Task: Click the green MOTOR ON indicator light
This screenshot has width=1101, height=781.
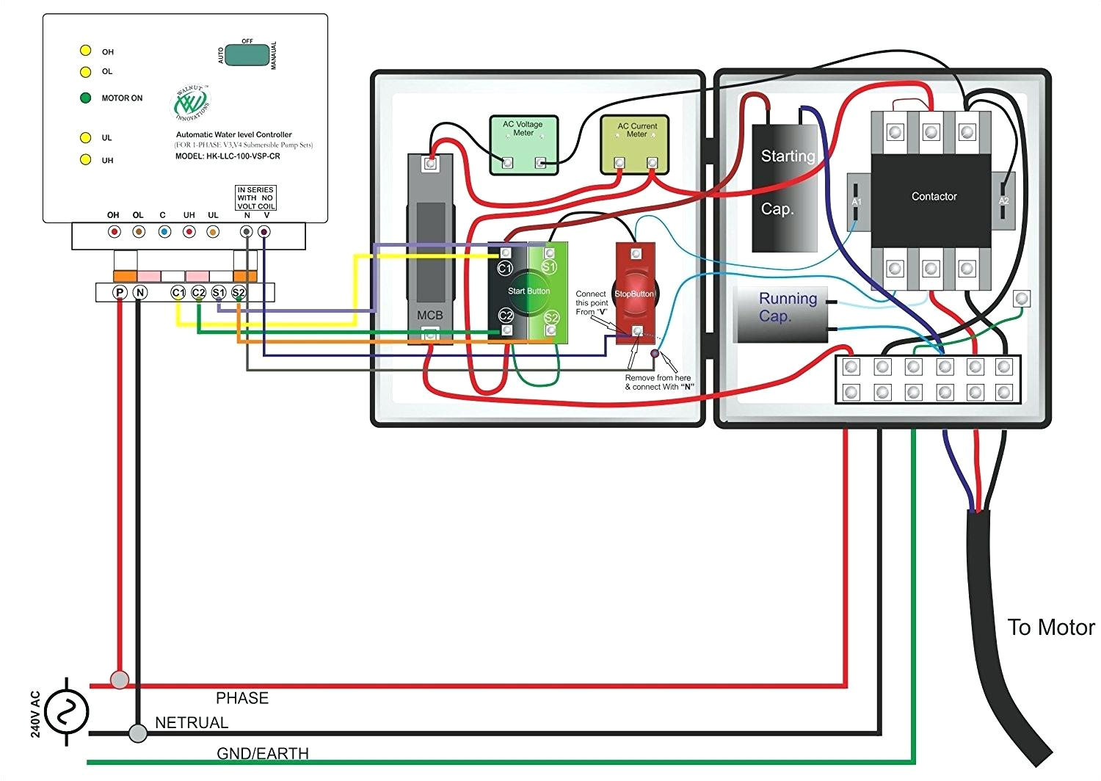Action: click(85, 98)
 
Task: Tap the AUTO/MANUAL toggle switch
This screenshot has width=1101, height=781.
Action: click(247, 55)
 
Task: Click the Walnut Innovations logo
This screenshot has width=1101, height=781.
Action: click(192, 103)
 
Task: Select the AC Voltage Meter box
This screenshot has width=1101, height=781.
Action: click(523, 144)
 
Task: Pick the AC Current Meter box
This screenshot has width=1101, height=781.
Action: click(636, 143)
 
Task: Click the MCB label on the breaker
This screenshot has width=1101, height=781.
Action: click(430, 315)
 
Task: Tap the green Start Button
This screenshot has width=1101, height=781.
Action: click(528, 291)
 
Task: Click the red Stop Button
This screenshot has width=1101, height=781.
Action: click(635, 294)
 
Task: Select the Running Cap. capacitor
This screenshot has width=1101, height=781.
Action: click(782, 314)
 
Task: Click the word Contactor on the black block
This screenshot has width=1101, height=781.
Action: click(934, 197)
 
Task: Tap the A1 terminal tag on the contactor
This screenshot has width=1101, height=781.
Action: click(856, 201)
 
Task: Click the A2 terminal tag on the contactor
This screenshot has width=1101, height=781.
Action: click(1003, 200)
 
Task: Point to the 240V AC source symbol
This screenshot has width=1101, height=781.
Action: click(66, 712)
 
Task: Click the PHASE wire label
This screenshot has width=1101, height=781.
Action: click(242, 698)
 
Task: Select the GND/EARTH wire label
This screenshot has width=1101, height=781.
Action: click(262, 754)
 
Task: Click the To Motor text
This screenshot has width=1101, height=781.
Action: click(1050, 628)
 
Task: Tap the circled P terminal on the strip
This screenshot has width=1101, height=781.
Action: click(120, 292)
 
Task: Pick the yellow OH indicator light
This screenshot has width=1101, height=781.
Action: click(85, 51)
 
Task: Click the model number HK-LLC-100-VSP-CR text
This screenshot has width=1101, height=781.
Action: click(228, 156)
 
